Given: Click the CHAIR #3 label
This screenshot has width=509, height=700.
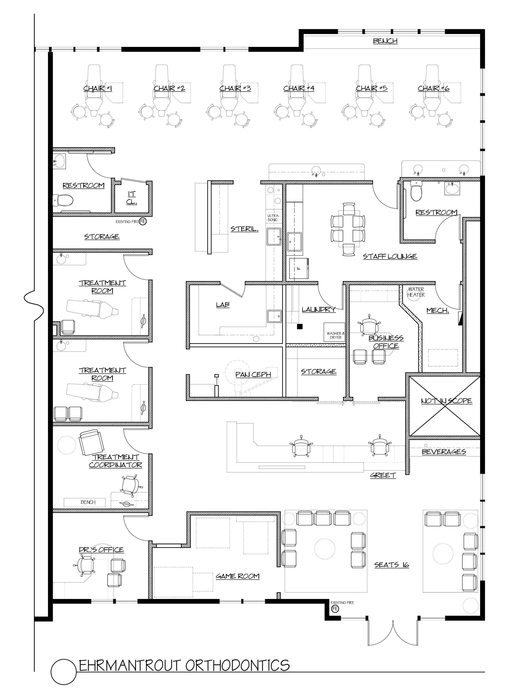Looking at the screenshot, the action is pos(235,89).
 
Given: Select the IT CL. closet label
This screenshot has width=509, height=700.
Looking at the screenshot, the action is pos(132,198).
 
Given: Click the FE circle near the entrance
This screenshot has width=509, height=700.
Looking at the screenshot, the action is pos(335,608).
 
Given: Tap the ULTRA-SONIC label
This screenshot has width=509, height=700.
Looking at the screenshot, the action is pos(273,218).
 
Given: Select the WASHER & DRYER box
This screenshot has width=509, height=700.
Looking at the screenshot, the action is pos(334,332).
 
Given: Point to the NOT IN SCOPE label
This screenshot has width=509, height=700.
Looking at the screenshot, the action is pos(446,401).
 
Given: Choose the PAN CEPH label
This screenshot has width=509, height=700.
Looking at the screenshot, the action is pos(253,374).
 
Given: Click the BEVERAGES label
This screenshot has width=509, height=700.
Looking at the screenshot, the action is pos(444,452).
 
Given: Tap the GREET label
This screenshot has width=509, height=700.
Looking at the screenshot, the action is pos(383,475).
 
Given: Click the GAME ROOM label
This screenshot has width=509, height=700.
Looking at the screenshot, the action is pos(237,576).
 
